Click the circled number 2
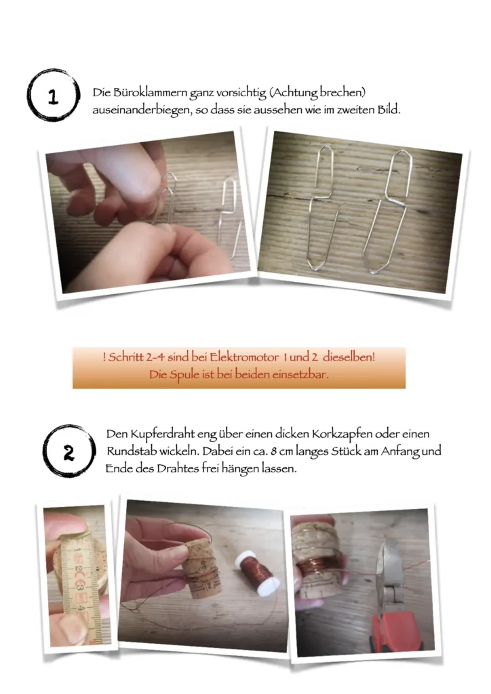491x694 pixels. pyautogui.click(x=69, y=452)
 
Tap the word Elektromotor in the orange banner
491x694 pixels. pyautogui.click(x=244, y=357)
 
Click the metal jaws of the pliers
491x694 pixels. pyautogui.click(x=389, y=567)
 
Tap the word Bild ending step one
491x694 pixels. pyautogui.click(x=389, y=110)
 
